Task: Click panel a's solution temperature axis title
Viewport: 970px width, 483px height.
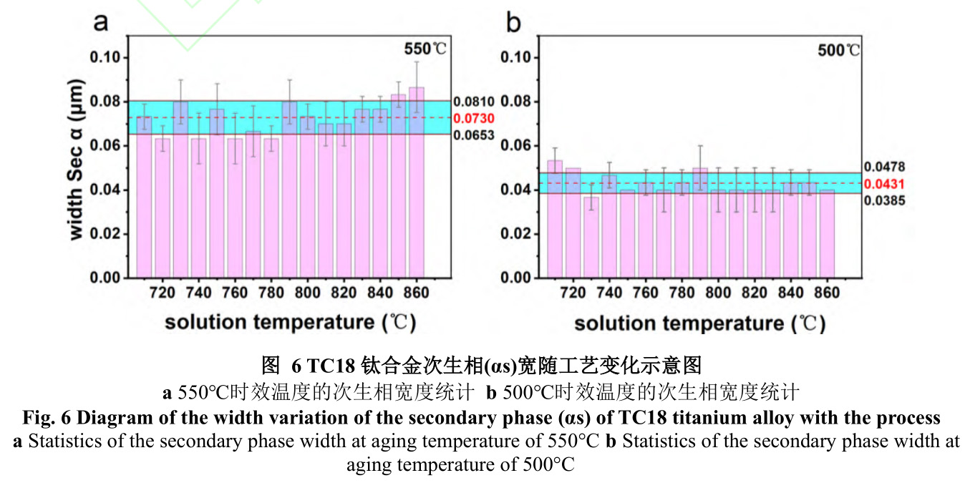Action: click(x=291, y=322)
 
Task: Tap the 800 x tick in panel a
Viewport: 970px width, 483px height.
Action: click(x=308, y=293)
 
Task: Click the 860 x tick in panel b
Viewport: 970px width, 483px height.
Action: click(x=828, y=293)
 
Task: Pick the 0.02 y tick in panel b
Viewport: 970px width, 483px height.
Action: click(x=517, y=234)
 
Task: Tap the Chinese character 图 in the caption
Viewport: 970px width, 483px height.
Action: click(x=270, y=366)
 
